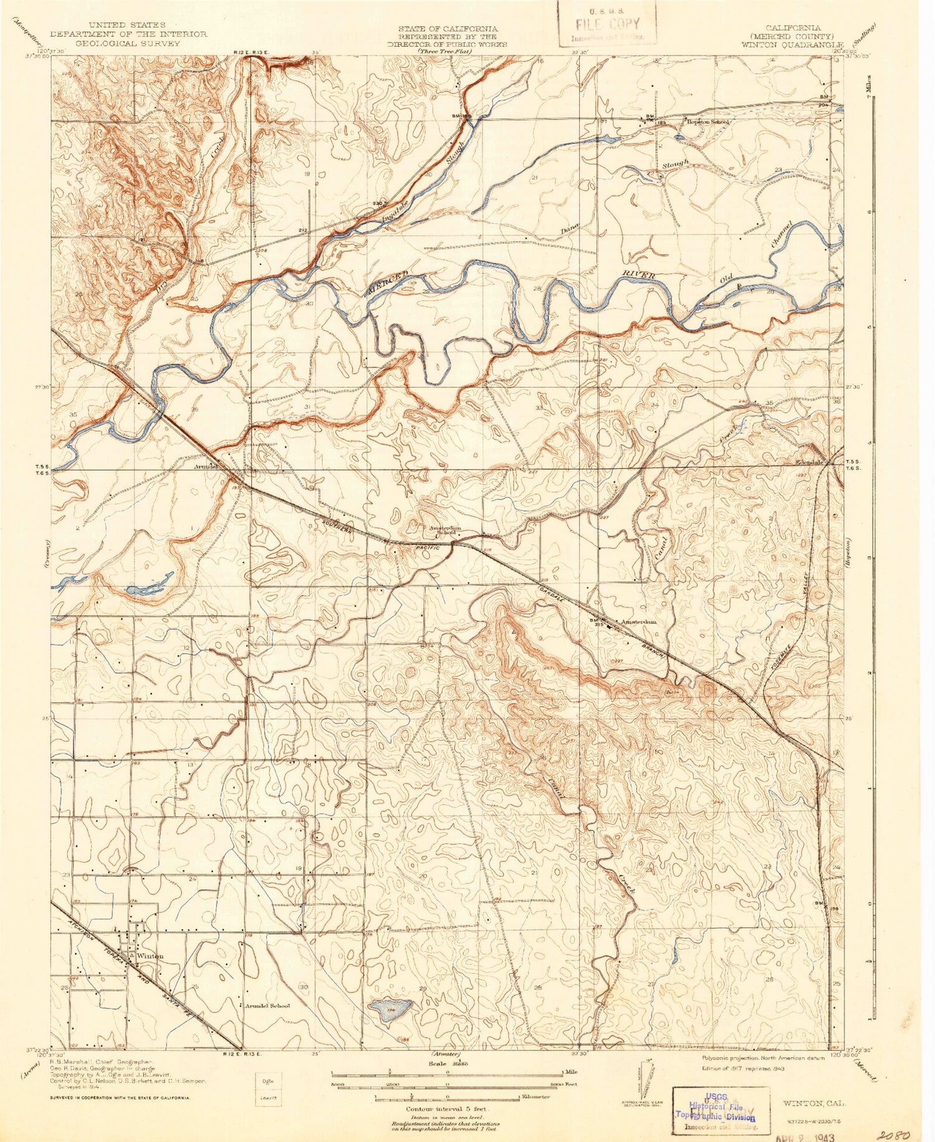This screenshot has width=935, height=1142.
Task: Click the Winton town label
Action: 151,956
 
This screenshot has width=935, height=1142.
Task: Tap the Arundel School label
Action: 267,1006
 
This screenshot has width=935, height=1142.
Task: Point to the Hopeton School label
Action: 707,122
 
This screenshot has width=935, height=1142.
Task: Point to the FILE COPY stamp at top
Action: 607,25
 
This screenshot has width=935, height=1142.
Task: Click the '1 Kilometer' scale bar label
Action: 535,1096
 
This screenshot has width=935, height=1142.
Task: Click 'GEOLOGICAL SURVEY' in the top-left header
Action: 128,44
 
